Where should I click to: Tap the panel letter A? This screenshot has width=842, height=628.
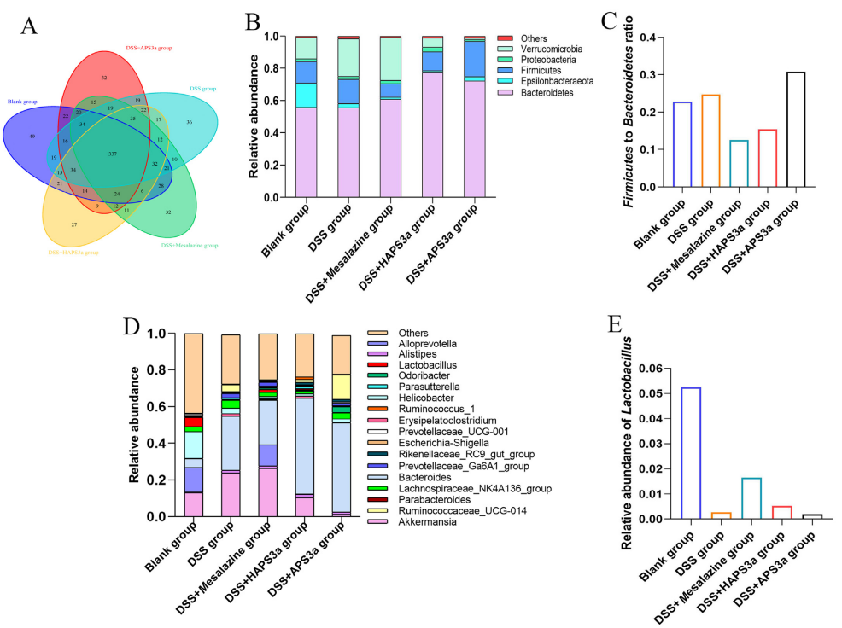click(x=28, y=26)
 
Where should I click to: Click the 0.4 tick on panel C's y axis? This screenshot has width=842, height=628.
click(x=649, y=38)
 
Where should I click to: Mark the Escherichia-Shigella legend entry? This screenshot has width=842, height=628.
click(x=424, y=443)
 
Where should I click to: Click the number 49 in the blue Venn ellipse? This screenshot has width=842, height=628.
click(x=31, y=137)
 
